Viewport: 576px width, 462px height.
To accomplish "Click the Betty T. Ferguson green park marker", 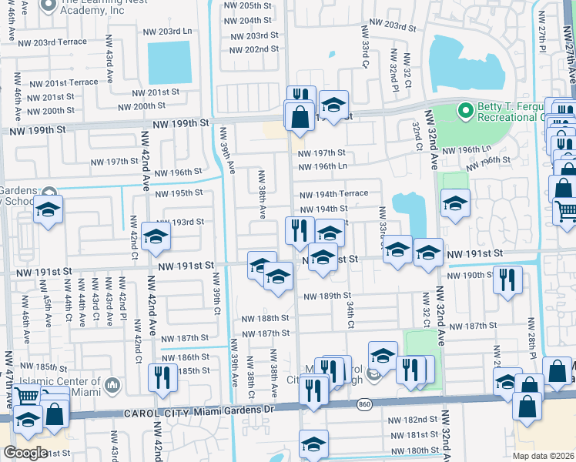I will click(x=464, y=112).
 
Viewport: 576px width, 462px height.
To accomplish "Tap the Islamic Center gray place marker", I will click(x=112, y=383).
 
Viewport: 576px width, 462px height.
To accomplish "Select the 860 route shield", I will click(x=363, y=403).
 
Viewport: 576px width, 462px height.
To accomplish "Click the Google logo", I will click(x=25, y=453).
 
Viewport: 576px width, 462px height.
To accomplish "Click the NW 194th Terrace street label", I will click(x=333, y=195).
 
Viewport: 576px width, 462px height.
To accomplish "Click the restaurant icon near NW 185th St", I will click(x=162, y=377).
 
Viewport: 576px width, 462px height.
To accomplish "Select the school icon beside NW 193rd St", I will click(x=156, y=238).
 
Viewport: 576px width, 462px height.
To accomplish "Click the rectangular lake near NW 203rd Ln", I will click(x=169, y=62).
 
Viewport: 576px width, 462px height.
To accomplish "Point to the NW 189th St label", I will click(x=327, y=296).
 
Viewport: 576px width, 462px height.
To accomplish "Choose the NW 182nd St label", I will click(x=412, y=420).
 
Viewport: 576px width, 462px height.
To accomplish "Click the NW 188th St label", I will click(x=265, y=318).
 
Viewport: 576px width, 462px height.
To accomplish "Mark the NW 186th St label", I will click(x=185, y=357).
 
